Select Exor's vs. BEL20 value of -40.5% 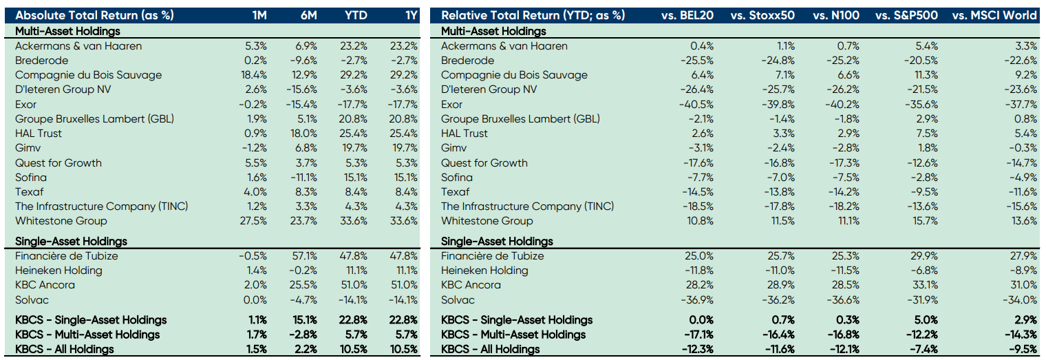click(x=698, y=105)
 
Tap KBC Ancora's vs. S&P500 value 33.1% click(x=924, y=285)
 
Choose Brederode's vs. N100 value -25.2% click(x=845, y=61)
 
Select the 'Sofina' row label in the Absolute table click(x=31, y=178)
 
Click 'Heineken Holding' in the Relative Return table click(x=484, y=271)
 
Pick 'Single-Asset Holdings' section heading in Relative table click(x=497, y=242)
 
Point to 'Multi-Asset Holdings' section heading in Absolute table click(x=67, y=31)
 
